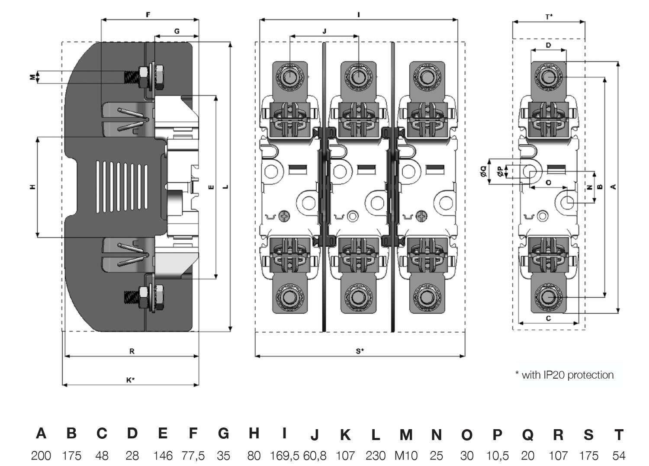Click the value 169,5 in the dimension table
click(284, 456)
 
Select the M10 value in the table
click(405, 456)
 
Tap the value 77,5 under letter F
click(193, 456)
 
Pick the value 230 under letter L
click(375, 456)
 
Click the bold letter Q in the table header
click(527, 434)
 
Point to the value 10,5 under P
click(497, 456)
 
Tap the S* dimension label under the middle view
click(360, 351)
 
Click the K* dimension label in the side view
click(131, 380)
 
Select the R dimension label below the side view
click(132, 351)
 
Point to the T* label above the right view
click(549, 17)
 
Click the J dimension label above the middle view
click(324, 31)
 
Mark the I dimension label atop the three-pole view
click(358, 15)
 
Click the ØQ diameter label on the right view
click(484, 172)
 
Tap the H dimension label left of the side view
click(32, 187)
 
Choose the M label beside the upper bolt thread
click(32, 77)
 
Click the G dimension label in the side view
click(177, 31)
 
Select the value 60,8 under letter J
click(315, 456)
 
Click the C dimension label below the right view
click(548, 318)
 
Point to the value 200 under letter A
click(41, 456)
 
